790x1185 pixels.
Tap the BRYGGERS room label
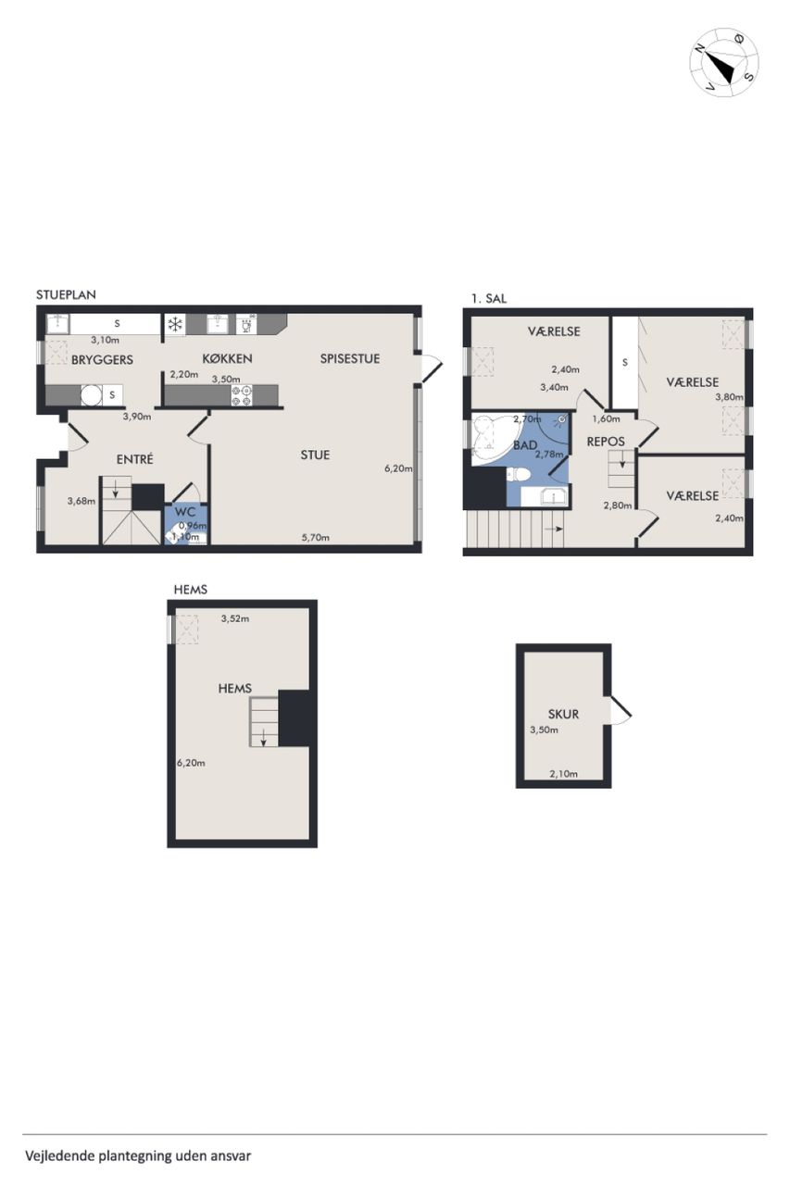pos(102,360)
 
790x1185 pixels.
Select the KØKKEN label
pos(227,358)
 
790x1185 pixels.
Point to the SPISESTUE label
pos(350,358)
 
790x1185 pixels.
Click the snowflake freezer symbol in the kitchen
pos(175,324)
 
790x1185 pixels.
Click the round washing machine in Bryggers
pos(91,394)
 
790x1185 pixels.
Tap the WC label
pos(185,512)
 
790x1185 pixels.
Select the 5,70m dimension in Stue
pos(316,538)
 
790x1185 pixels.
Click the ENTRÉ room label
pos(135,460)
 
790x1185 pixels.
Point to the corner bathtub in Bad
pos(493,438)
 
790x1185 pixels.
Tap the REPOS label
pos(606,442)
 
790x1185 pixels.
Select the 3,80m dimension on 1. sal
pos(729,397)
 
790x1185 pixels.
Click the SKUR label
pos(563,714)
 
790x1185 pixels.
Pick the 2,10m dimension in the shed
pos(563,774)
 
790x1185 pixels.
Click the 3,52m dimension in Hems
pos(235,618)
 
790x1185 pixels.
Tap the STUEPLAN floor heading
pos(66,294)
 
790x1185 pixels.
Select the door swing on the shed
pos(621,709)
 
